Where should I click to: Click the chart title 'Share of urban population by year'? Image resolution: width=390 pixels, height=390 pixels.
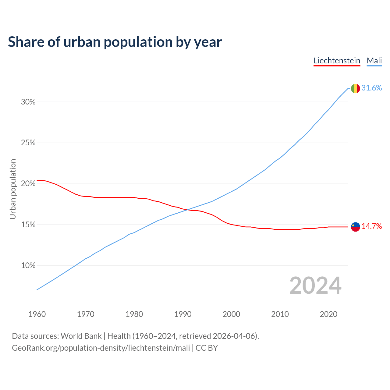[115, 42]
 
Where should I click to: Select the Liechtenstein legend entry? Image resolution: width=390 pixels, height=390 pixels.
[337, 61]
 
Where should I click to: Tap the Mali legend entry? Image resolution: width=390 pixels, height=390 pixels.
[374, 61]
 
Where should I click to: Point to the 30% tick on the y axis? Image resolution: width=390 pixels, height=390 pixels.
[28, 102]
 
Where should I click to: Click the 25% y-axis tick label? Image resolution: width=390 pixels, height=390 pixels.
[28, 143]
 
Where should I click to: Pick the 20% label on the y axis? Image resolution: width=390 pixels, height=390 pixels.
[28, 184]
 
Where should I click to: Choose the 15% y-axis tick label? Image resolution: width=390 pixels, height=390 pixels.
[28, 225]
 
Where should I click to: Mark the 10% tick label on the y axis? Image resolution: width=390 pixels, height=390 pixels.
[28, 266]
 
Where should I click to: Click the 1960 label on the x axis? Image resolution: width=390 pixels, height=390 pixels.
[37, 314]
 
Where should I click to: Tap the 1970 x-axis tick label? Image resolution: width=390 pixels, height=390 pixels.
[86, 314]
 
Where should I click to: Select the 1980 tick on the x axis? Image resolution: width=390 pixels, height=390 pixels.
[134, 314]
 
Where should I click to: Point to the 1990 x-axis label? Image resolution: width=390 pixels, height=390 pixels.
[183, 314]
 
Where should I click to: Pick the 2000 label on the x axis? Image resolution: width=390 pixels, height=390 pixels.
[231, 314]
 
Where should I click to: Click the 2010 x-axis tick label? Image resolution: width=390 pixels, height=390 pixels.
[280, 314]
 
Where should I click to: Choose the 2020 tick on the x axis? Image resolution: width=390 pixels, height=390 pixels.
[328, 314]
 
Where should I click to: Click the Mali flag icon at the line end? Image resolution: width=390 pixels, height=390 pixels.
[355, 88]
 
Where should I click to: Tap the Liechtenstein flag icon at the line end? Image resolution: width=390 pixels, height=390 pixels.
[355, 227]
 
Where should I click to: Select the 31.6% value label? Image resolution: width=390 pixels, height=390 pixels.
[371, 88]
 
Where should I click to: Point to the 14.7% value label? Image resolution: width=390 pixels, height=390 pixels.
[371, 226]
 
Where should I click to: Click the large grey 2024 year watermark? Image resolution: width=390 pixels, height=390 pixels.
[315, 285]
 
